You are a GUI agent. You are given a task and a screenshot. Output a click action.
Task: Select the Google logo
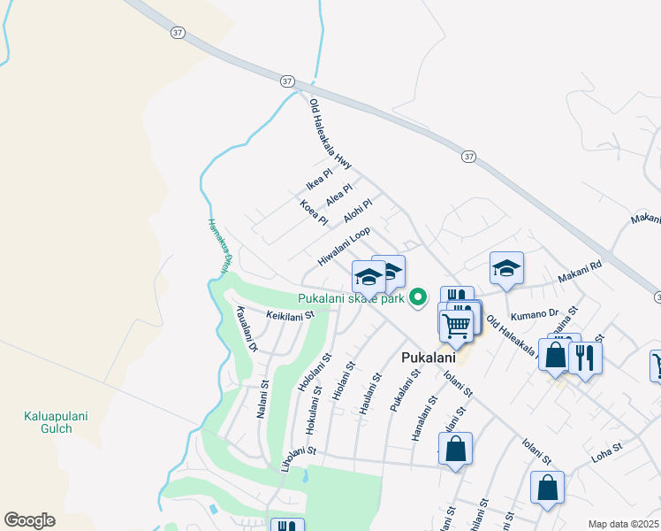pyautogui.click(x=29, y=520)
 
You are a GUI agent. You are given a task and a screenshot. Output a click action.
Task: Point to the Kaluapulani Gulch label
pyautogui.click(x=48, y=422)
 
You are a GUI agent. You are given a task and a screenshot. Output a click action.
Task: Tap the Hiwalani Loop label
pyautogui.click(x=344, y=247)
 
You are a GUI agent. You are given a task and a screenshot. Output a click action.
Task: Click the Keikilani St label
pyautogui.click(x=290, y=314)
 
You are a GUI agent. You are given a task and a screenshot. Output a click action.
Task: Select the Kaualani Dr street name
pyautogui.click(x=246, y=329)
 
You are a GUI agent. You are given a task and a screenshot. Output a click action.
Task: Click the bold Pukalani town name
pyautogui.click(x=428, y=358)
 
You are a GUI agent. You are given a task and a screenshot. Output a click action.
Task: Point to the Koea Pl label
pyautogui.click(x=314, y=213)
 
